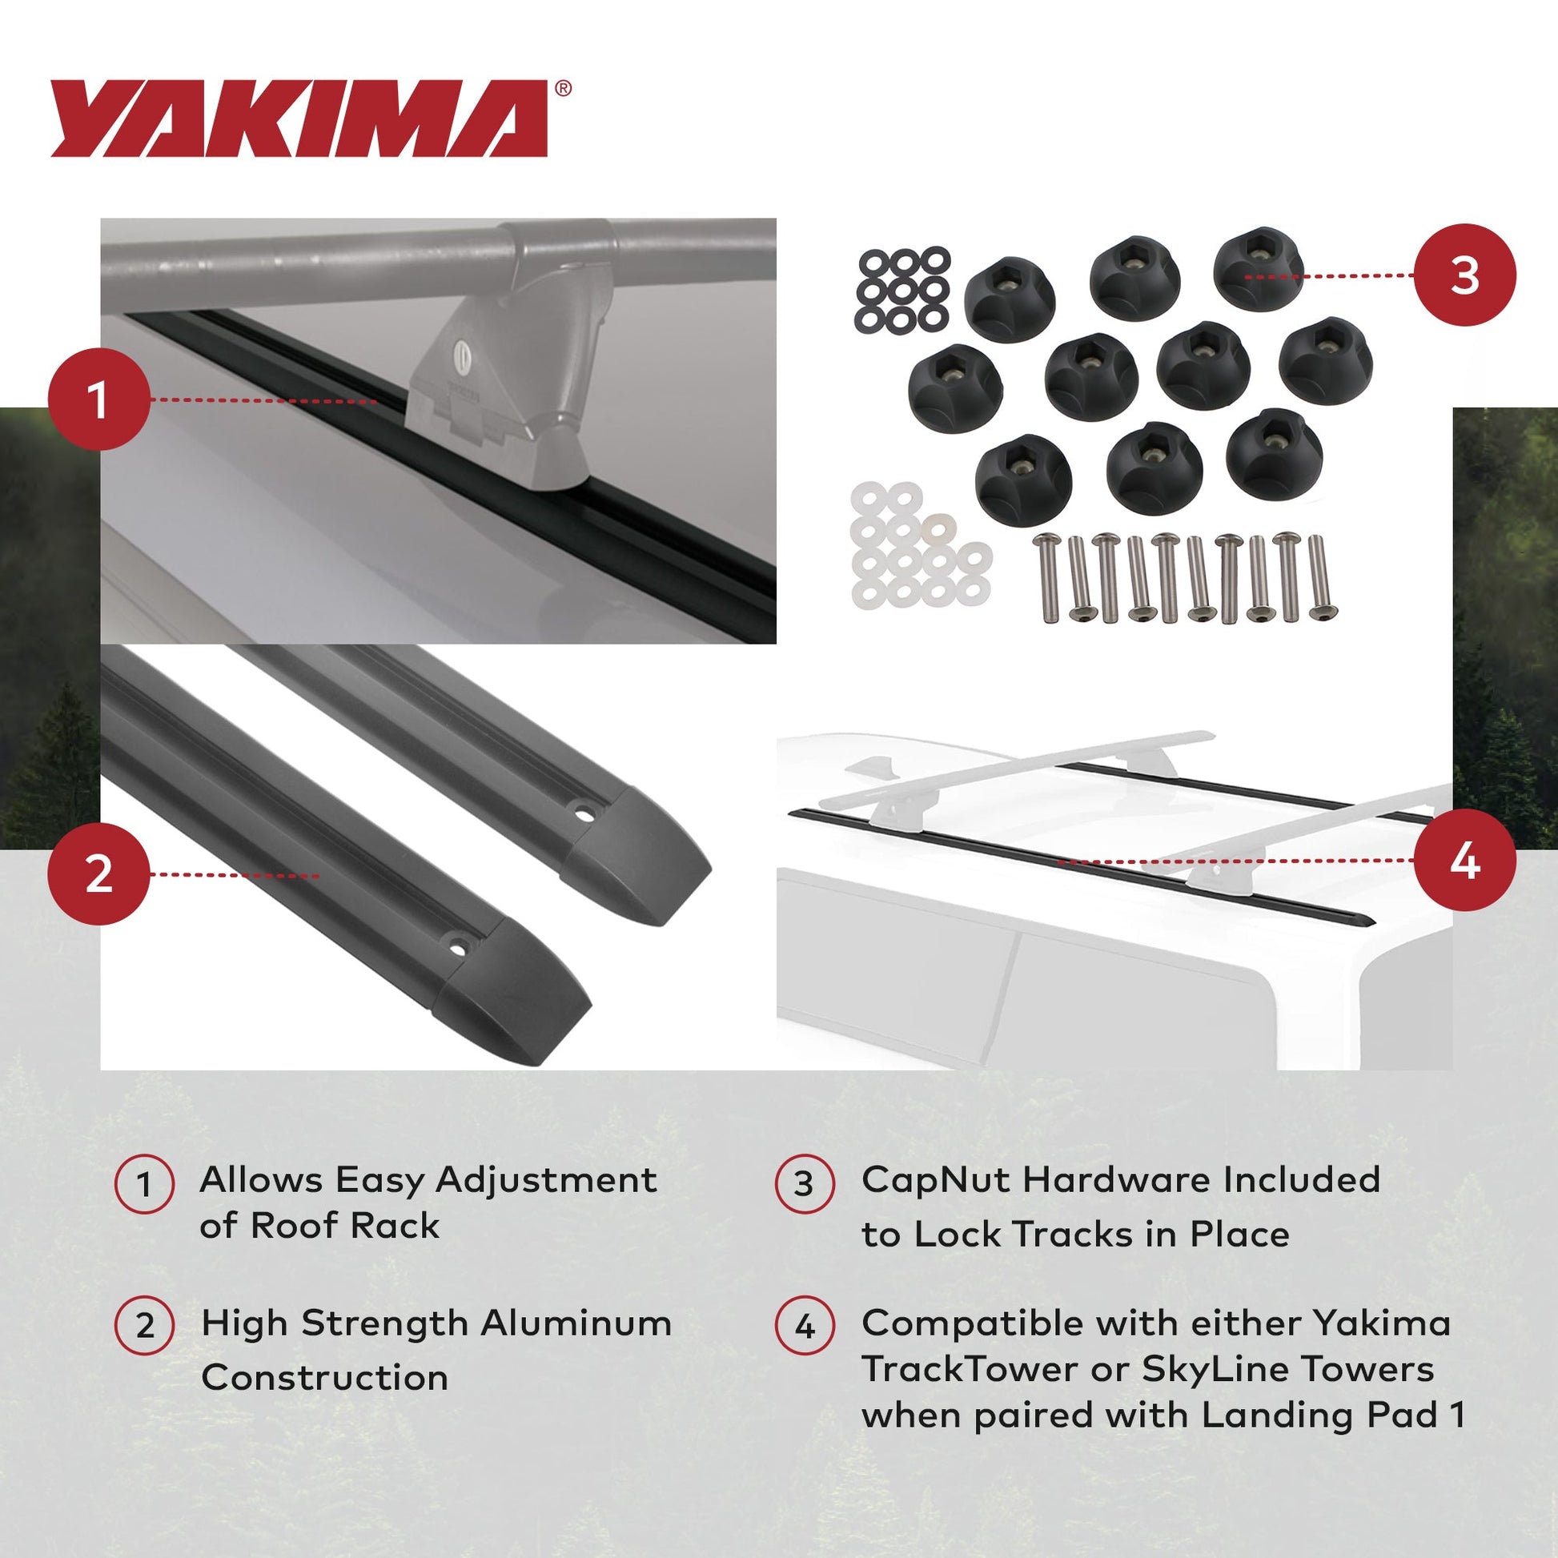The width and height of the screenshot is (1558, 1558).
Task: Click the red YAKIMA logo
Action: click(x=299, y=118)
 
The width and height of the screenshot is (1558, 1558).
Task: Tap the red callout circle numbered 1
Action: click(x=98, y=400)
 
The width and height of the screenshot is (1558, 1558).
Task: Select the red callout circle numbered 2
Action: click(x=98, y=874)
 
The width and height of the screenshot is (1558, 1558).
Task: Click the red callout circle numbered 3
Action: click(x=1464, y=275)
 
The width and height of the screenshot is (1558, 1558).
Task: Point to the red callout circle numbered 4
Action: click(x=1464, y=861)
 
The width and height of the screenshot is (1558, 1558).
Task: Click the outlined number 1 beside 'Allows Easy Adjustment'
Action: click(x=144, y=1185)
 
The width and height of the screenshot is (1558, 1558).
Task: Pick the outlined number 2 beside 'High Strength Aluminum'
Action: click(x=144, y=1326)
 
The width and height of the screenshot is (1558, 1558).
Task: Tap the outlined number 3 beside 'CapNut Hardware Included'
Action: click(x=804, y=1184)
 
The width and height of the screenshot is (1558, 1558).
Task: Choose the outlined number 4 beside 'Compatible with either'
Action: click(x=804, y=1326)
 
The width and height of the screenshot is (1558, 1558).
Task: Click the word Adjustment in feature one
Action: click(x=545, y=1181)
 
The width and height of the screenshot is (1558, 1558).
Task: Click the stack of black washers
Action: click(x=902, y=291)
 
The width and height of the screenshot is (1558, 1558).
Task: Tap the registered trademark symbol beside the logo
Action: click(x=563, y=89)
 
